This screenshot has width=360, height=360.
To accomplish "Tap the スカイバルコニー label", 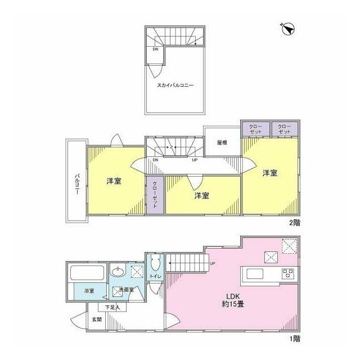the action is click(175, 85).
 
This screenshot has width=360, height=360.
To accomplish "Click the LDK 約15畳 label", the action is click(233, 300).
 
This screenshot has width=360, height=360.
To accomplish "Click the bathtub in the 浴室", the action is click(87, 273).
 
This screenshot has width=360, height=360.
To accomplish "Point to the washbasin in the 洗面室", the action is click(119, 271).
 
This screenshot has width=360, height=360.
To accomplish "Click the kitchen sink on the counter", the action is click(255, 273).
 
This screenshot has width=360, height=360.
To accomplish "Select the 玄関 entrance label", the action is click(97, 319).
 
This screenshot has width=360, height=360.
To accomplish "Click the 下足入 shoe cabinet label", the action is click(112, 307).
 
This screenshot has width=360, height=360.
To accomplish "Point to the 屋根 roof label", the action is click(222, 142).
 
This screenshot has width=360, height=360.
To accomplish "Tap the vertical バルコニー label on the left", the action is click(77, 184).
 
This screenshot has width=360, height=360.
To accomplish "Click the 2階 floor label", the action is click(294, 223).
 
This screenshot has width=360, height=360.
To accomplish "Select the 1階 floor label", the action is click(295, 339).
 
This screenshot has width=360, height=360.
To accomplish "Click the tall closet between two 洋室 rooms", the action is click(155, 195).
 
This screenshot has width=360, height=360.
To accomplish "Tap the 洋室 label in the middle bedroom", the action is click(201, 196).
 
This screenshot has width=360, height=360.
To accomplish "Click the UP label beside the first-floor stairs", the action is click(213, 264).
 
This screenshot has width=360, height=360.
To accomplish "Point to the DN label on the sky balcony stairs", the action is click(155, 49).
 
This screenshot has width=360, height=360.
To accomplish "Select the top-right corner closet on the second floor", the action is click(285, 129).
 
